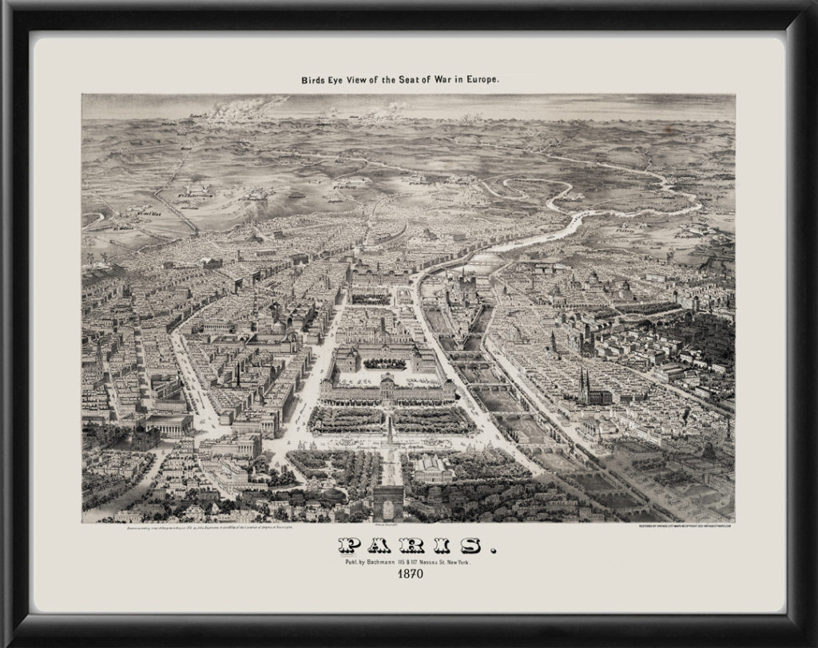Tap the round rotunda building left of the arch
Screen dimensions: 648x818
click(331, 494)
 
